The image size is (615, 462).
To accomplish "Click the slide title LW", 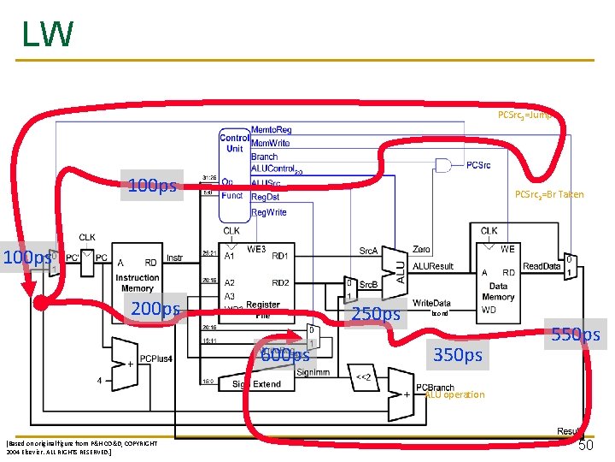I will point(48,35).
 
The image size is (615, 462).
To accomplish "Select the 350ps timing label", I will point(458,354).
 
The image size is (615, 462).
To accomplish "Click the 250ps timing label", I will point(376,314).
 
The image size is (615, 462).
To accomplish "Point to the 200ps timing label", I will point(153,309).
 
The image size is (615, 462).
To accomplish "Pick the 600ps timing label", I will point(284,354).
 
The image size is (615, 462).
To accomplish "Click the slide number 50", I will point(587,444).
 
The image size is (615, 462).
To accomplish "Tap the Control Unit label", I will point(234,143).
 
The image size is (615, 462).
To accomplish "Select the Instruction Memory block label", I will point(137,283).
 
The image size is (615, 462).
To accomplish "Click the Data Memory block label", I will point(498,292).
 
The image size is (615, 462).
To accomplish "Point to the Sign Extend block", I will point(256,384).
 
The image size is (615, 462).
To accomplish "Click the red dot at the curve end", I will point(40,303).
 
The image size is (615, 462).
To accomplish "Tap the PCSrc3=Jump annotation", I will point(526,114).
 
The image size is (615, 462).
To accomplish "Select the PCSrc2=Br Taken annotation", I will point(548,194).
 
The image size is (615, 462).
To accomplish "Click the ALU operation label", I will point(454,394).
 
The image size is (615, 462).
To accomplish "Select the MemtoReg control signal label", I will point(271,130).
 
